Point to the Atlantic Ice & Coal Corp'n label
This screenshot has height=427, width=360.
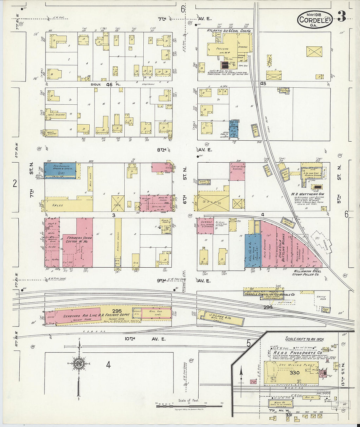tap(229, 31)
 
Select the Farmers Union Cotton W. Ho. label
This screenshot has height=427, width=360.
tap(79, 240)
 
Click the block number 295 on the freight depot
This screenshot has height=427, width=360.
tap(117, 311)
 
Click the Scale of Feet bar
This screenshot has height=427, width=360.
tap(189, 406)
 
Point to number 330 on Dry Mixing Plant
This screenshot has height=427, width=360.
tap(294, 373)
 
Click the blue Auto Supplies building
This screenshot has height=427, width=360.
tap(60, 170)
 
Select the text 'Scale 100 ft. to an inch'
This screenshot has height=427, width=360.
tap(304, 339)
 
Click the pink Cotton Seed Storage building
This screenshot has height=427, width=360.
tap(237, 171)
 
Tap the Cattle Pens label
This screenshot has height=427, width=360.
tap(321, 298)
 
